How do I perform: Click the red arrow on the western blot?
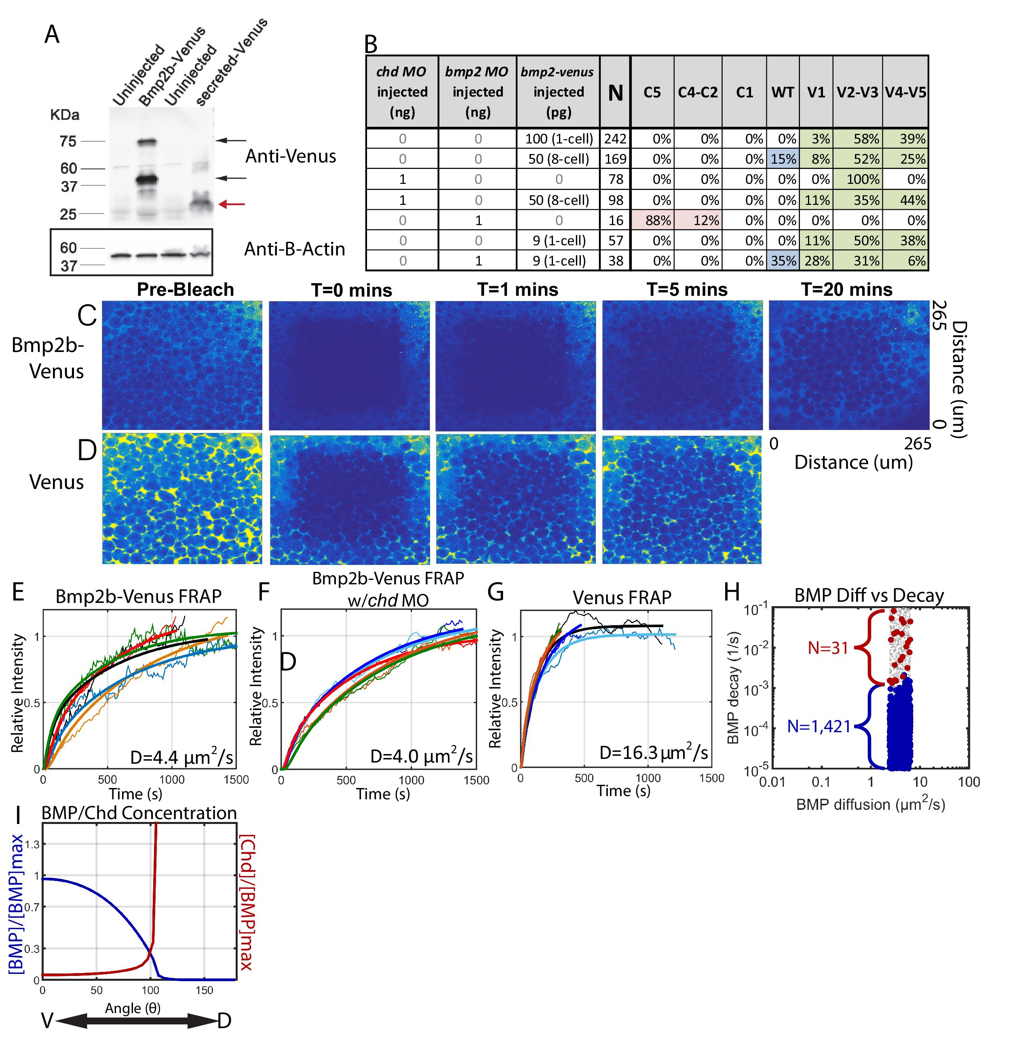click(232, 204)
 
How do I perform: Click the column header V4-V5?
click(905, 93)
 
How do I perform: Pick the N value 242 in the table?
click(615, 139)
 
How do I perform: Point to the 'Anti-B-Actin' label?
click(294, 249)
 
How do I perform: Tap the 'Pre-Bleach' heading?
click(186, 289)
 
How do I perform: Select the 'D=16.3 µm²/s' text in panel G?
click(653, 752)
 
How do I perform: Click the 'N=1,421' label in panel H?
click(819, 726)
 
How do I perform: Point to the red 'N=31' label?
click(828, 648)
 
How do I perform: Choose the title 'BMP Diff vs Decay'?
click(869, 596)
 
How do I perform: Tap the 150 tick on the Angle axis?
click(204, 990)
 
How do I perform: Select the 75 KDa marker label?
click(68, 141)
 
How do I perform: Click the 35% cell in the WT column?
click(783, 261)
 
